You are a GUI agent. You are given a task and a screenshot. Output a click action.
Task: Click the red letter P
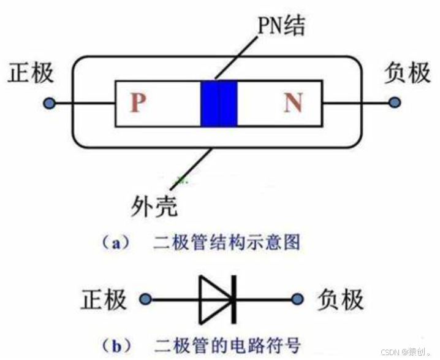click(x=138, y=103)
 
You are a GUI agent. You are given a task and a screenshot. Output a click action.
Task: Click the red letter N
click(x=293, y=103)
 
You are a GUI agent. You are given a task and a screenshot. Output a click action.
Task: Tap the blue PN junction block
click(x=219, y=103)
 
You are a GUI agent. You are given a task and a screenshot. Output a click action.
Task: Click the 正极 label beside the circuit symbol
click(x=104, y=300)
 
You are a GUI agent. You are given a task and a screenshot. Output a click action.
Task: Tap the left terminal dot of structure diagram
click(x=49, y=103)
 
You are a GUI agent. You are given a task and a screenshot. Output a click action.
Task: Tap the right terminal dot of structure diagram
click(x=395, y=103)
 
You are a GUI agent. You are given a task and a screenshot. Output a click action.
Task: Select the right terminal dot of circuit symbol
click(x=298, y=300)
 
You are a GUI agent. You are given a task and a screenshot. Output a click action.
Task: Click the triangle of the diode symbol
click(x=215, y=300)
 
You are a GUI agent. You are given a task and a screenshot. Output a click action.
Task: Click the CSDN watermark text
click(x=402, y=352)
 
